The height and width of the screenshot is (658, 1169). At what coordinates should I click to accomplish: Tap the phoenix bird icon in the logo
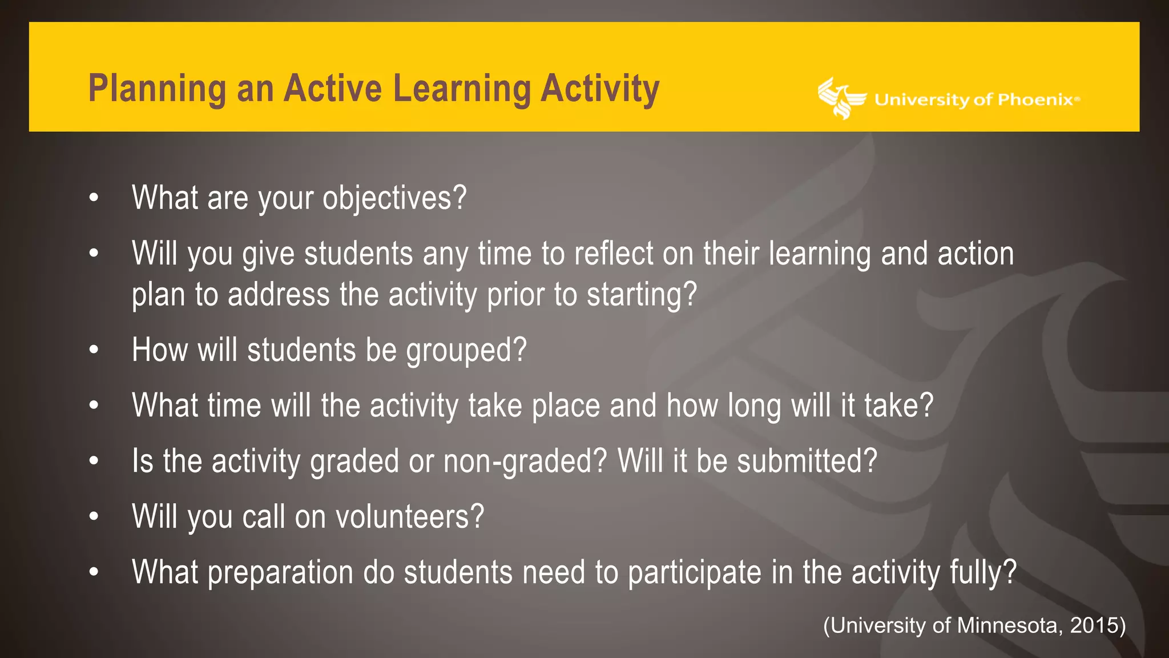840,98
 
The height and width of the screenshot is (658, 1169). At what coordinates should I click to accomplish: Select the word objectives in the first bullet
394,199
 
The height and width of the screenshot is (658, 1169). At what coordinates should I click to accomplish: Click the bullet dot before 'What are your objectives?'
94,198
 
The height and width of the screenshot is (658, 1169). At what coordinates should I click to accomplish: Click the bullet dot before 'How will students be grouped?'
94,350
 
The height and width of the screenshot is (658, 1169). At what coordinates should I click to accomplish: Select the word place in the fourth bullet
566,406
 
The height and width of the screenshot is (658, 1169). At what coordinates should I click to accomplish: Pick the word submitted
806,461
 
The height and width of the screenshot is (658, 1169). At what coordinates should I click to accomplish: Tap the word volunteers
409,517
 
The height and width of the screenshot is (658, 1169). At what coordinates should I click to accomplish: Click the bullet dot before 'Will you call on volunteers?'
94,516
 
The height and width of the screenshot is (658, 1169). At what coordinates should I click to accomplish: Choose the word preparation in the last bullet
280,573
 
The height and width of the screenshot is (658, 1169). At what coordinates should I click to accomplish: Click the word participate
694,573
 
